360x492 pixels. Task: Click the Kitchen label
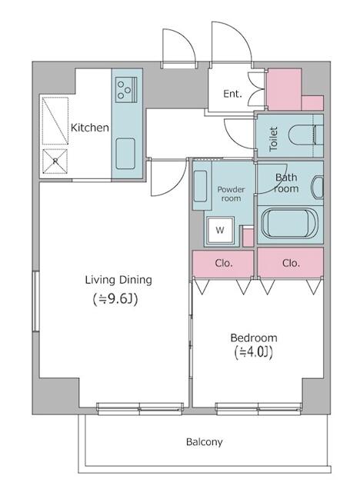pyautogui.click(x=90, y=128)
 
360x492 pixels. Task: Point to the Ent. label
pyautogui.click(x=232, y=94)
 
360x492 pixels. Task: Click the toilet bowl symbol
pyautogui.click(x=305, y=135)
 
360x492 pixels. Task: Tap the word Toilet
pyautogui.click(x=273, y=139)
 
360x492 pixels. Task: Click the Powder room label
pyautogui.click(x=231, y=194)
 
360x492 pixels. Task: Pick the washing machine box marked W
pyautogui.click(x=220, y=231)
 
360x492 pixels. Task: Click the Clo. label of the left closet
pyautogui.click(x=224, y=263)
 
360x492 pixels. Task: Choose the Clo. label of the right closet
pyautogui.click(x=291, y=263)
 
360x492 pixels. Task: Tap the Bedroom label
pyautogui.click(x=254, y=338)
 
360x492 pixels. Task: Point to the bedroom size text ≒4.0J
pyautogui.click(x=254, y=352)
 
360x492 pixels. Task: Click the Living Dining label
pyautogui.click(x=118, y=280)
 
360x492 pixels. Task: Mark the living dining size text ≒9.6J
pyautogui.click(x=115, y=300)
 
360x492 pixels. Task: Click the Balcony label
pyautogui.click(x=205, y=442)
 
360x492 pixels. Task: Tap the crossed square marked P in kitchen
pyautogui.click(x=55, y=161)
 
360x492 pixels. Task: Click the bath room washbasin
pyautogui.click(x=317, y=188)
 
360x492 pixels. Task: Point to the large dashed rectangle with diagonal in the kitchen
pyautogui.click(x=55, y=121)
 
